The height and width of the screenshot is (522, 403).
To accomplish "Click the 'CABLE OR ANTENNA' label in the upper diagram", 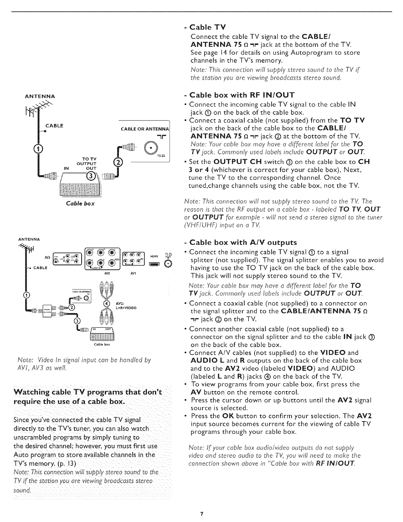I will [145, 129].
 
